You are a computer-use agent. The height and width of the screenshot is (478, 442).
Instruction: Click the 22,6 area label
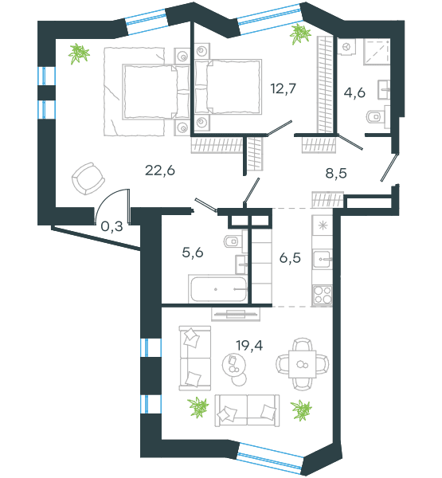pos(160,170)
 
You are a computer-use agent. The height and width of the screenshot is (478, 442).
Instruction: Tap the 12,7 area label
pos(284,88)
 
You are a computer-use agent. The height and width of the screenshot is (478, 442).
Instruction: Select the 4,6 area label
pos(354,92)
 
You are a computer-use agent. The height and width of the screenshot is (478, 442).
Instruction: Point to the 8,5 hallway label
pos(336,173)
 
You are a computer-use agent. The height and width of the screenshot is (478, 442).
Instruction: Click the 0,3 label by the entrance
pos(111,226)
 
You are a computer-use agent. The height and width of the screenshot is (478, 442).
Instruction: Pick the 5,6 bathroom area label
pos(193,253)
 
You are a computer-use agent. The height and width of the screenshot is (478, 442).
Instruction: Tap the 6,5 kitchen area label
pos(290,258)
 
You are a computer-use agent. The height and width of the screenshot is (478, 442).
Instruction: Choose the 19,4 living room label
pos(249,346)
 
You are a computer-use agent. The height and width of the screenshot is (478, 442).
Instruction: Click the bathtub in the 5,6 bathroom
pos(218,289)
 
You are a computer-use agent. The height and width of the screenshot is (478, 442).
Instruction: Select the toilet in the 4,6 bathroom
pos(376,116)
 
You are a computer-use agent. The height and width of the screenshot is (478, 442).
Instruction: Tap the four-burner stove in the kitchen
pos(323,295)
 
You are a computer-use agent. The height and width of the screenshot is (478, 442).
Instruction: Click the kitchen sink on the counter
pos(323,259)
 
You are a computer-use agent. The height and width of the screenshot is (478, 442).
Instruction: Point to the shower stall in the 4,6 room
pos(377,51)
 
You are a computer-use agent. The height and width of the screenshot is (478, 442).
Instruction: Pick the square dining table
pos(302,364)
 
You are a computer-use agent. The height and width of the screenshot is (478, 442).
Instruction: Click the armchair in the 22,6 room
pos(88,178)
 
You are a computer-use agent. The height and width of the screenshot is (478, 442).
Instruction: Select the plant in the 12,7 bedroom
pos(300,34)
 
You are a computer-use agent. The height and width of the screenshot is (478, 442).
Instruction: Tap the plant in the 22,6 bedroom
pos(79,54)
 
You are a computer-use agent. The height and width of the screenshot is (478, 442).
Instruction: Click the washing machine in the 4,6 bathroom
pos(346,47)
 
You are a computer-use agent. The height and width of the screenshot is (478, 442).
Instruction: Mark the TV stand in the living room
pos(236,314)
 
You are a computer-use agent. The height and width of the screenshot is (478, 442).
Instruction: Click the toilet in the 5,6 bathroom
pos(233,241)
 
